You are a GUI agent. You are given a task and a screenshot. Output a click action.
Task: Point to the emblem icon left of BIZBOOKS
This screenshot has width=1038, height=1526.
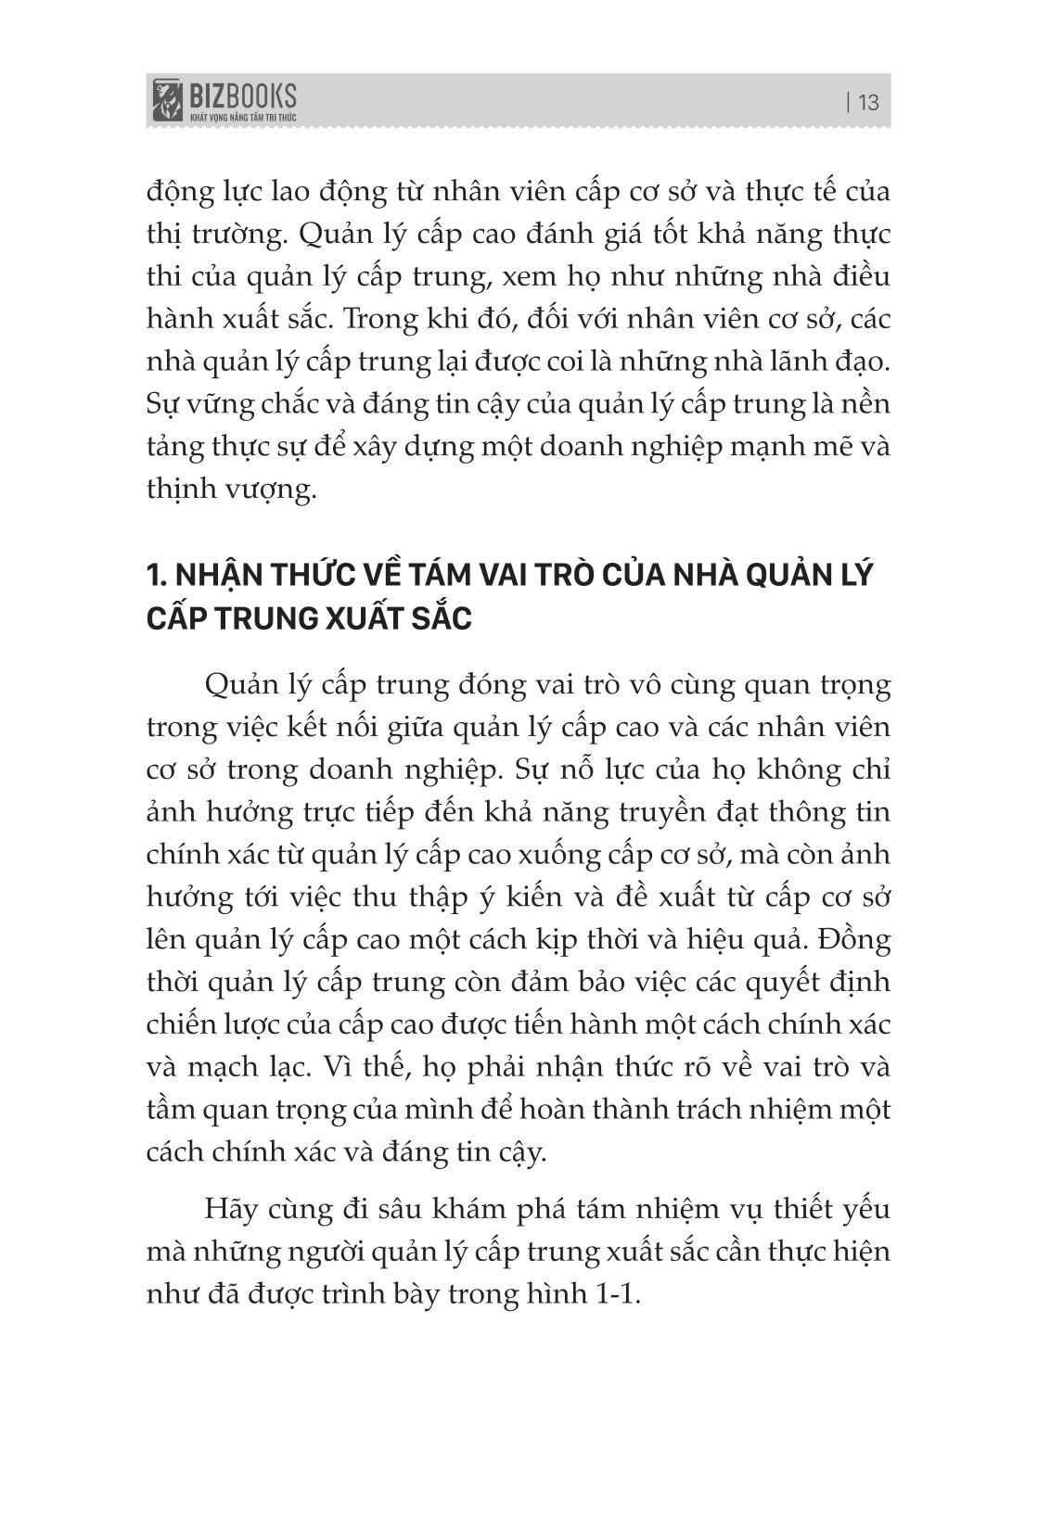(x=168, y=100)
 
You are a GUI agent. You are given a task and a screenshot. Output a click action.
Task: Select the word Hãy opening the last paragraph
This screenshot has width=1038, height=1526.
(x=227, y=1209)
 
